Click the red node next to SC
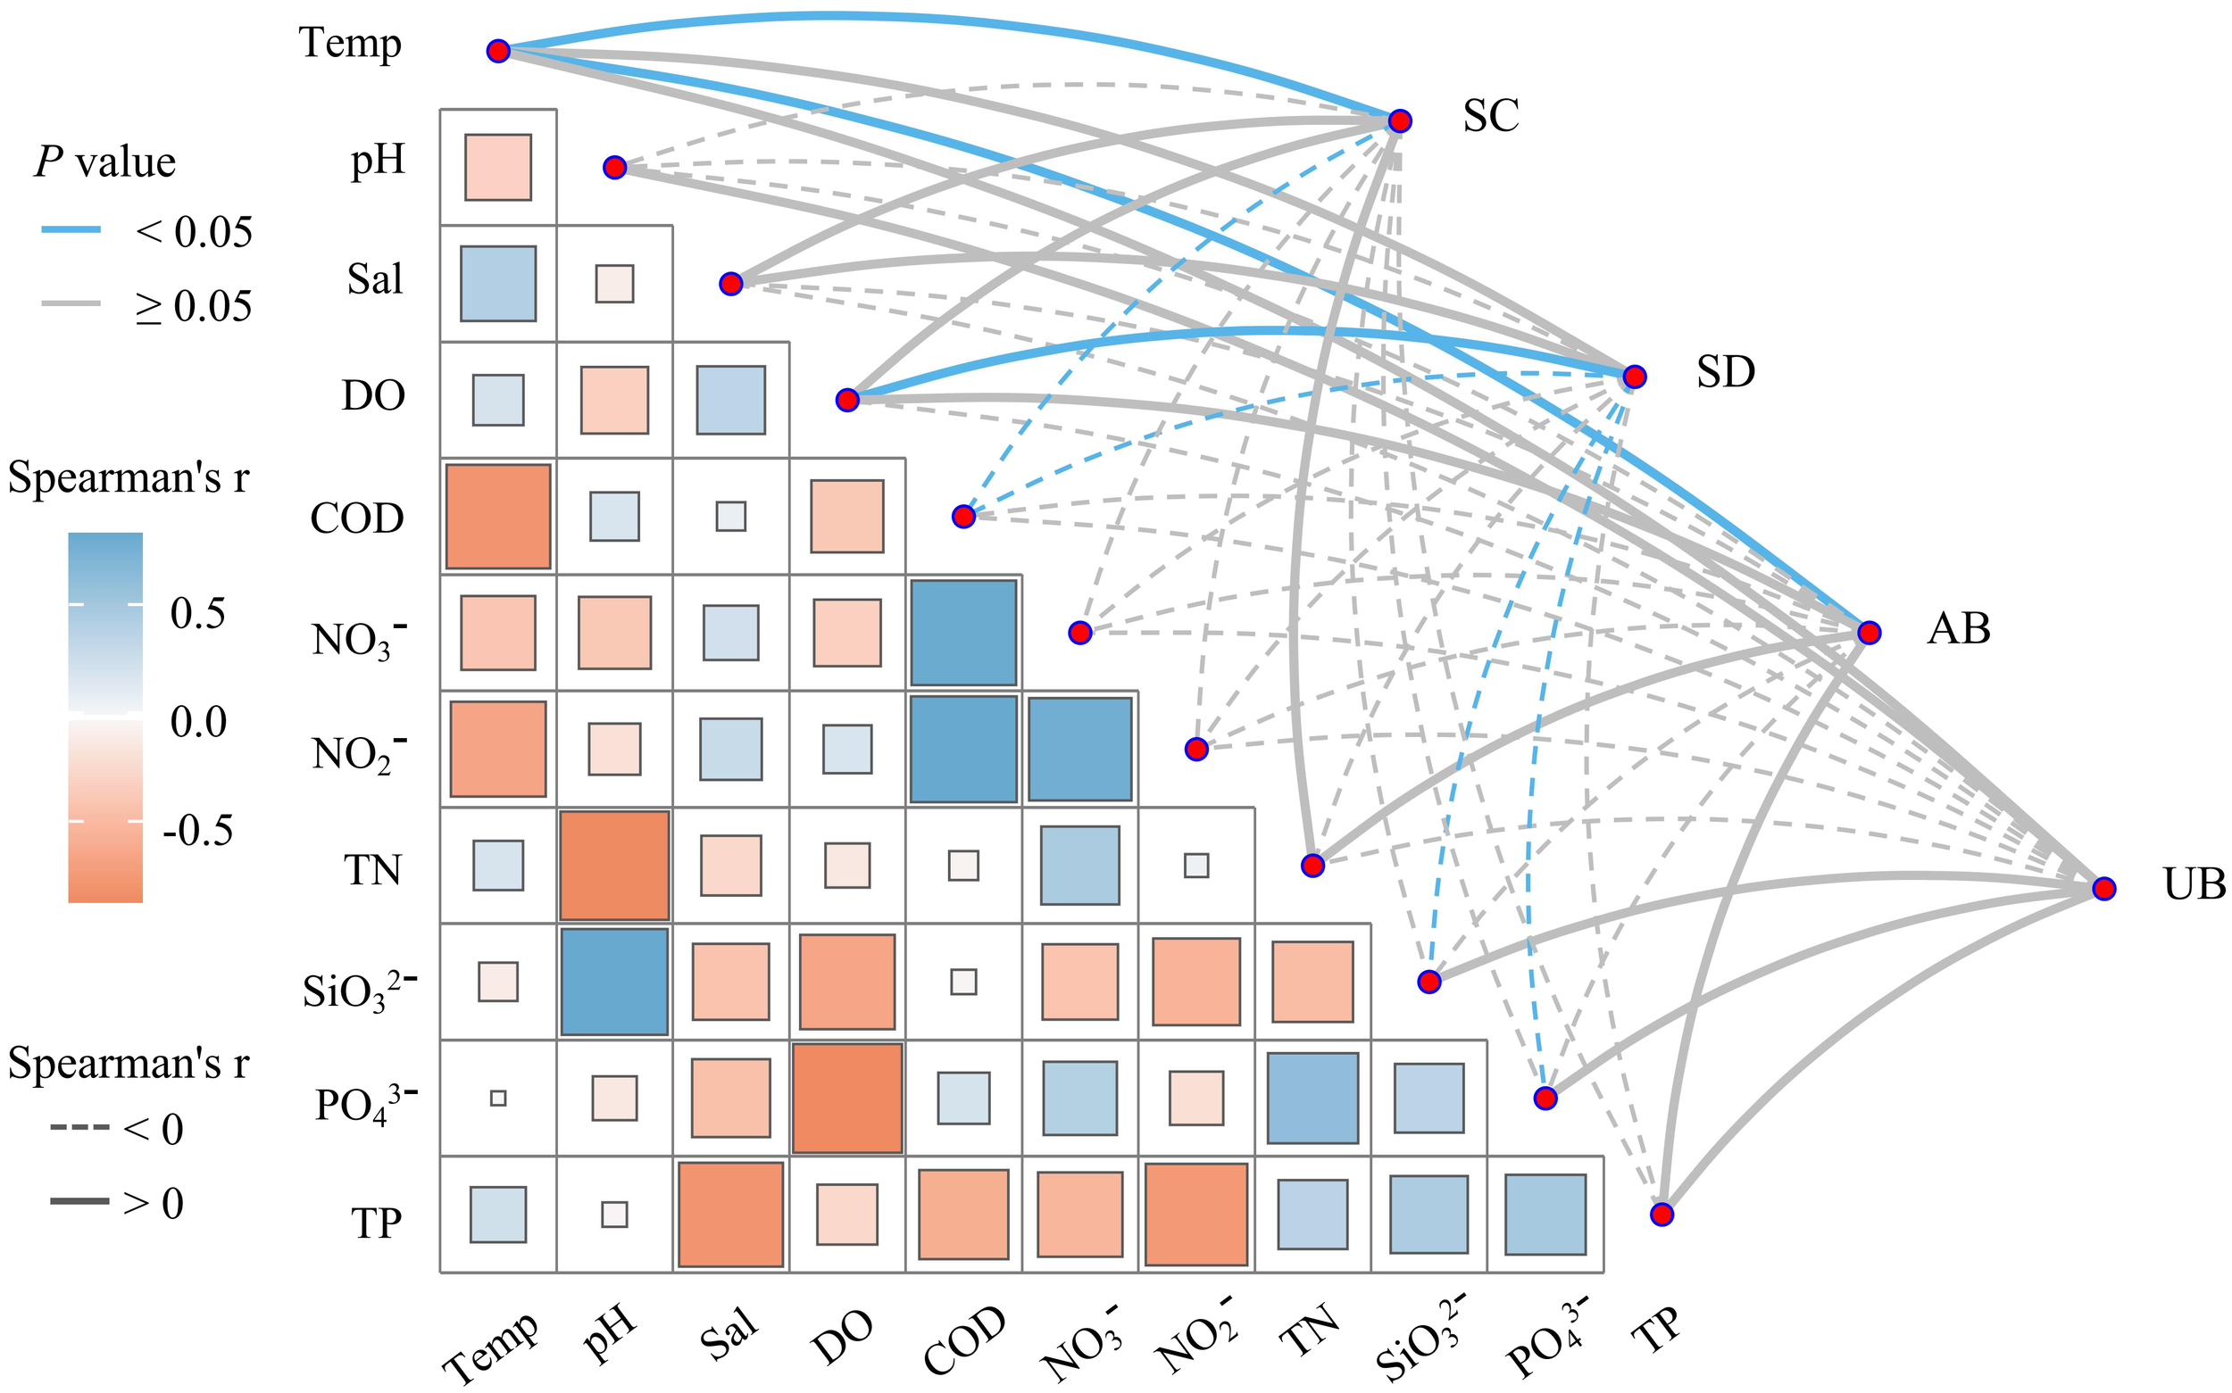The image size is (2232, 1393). [x=1399, y=120]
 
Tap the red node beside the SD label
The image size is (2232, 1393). [x=1634, y=376]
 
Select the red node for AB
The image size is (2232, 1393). [x=1868, y=632]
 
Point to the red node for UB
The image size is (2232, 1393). [x=2103, y=888]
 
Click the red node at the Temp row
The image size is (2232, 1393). [x=498, y=51]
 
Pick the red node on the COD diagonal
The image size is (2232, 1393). [x=963, y=516]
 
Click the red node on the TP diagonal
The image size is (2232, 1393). [x=1661, y=1215]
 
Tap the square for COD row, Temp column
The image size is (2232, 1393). [x=498, y=516]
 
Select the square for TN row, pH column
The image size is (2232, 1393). [x=614, y=865]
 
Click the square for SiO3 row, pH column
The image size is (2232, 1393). [x=614, y=982]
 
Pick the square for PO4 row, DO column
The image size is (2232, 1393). [x=847, y=1098]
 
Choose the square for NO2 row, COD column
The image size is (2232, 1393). [x=963, y=749]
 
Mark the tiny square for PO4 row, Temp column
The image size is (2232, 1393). [x=498, y=1098]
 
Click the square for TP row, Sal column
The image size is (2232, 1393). [x=731, y=1215]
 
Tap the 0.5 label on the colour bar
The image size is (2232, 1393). [x=197, y=614]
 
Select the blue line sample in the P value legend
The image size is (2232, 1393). [x=71, y=229]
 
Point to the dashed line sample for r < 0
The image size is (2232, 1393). [x=80, y=1128]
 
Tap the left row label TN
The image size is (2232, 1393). [x=373, y=870]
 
